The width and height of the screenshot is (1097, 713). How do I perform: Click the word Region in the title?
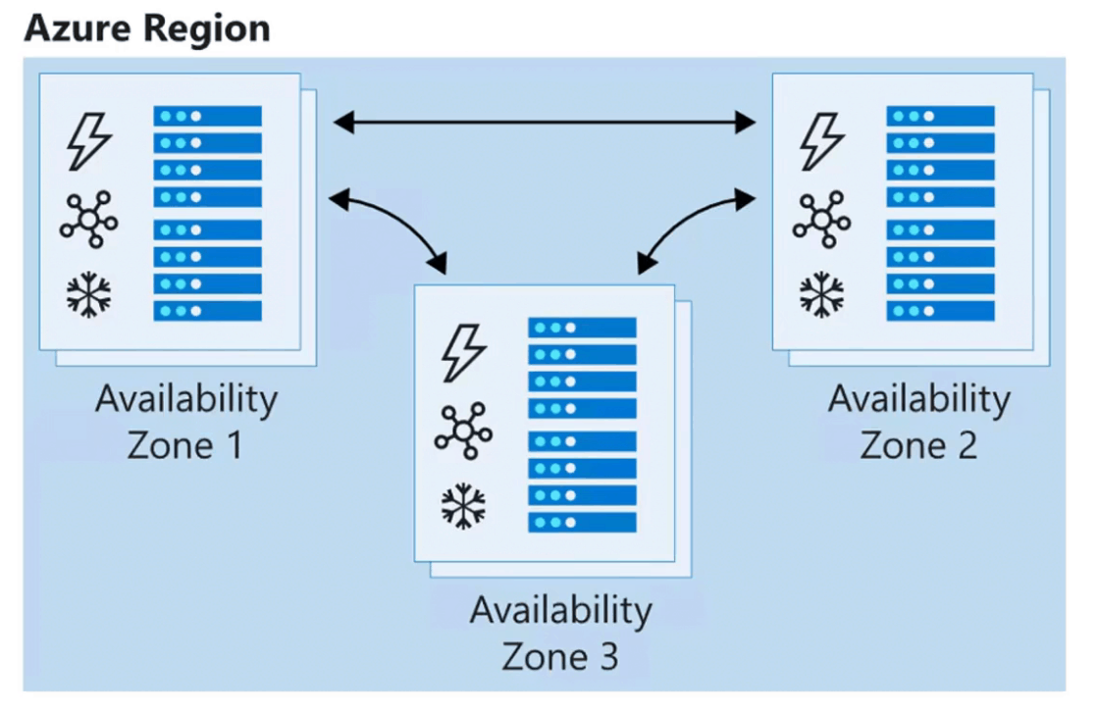(205, 27)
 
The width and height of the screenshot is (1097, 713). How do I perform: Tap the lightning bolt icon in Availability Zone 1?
(88, 142)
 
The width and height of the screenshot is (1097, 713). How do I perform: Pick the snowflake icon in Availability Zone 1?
(88, 294)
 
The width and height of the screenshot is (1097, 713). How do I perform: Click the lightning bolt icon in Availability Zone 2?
(821, 142)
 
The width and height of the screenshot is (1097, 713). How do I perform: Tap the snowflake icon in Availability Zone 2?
(821, 294)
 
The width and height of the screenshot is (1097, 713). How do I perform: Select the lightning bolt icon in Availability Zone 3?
(463, 353)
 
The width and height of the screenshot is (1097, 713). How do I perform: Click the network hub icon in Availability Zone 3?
(463, 430)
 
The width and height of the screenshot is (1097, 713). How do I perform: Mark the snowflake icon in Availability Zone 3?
(463, 505)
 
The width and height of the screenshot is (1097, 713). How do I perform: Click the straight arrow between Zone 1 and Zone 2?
(545, 123)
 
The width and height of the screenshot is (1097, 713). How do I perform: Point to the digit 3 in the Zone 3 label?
(607, 656)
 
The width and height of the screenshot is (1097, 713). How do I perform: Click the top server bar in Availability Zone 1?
(207, 116)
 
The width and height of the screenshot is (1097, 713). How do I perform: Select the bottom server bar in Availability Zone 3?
(582, 522)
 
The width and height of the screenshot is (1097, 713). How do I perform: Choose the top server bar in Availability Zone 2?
(940, 116)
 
